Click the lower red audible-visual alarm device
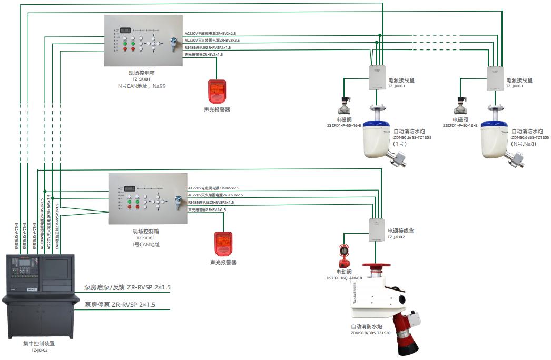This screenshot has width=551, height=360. (x=222, y=244)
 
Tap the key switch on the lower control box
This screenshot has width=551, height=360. (x=176, y=201)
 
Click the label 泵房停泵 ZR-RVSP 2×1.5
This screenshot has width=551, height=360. (x=120, y=305)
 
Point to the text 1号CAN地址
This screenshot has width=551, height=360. (x=145, y=244)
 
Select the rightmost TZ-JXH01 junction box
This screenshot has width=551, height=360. (x=496, y=77)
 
